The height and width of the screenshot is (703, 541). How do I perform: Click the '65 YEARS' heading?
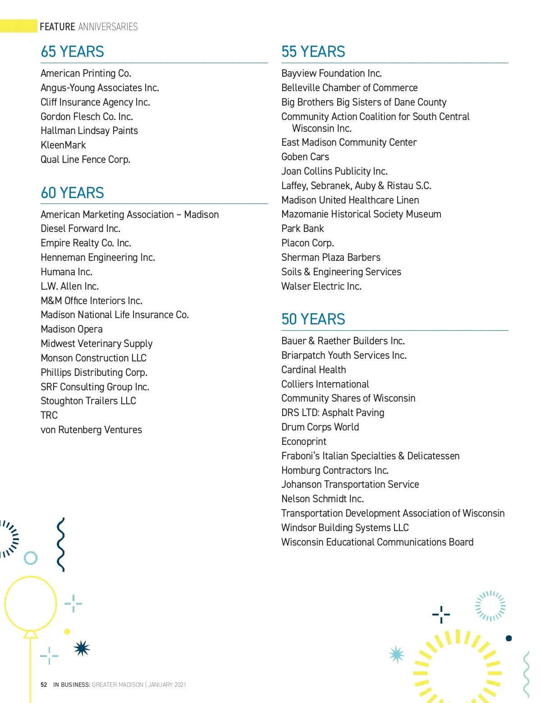coord(72,52)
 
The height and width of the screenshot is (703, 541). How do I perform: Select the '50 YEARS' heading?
coord(313,319)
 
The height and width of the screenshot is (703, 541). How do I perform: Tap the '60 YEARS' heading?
coord(72,193)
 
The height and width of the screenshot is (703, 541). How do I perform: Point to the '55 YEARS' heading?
coord(313,52)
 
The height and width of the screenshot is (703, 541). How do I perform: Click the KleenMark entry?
coord(63,145)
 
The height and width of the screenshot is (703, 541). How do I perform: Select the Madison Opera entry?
coord(72,329)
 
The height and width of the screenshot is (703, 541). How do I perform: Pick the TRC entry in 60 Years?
coord(49,416)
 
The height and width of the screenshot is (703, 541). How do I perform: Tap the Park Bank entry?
coord(303,229)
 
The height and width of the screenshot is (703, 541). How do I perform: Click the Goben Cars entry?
coord(305,157)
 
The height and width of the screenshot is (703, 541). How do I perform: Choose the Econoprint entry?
coord(304,442)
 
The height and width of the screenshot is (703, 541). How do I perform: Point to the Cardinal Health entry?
coord(313,370)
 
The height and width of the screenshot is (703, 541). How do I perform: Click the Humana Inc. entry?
coord(66,272)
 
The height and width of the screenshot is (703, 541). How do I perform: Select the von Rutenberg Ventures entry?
coord(91,430)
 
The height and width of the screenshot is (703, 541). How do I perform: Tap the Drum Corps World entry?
coord(320,427)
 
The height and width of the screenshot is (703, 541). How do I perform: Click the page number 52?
coord(44,684)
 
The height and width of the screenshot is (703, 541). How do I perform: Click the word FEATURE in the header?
coord(57,27)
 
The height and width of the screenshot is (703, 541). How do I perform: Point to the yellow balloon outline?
coord(31,604)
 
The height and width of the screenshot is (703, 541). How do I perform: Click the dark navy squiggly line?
coord(61,544)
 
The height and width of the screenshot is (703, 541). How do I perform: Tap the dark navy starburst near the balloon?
coord(82,648)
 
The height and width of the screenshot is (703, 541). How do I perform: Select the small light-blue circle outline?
coord(31,558)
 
